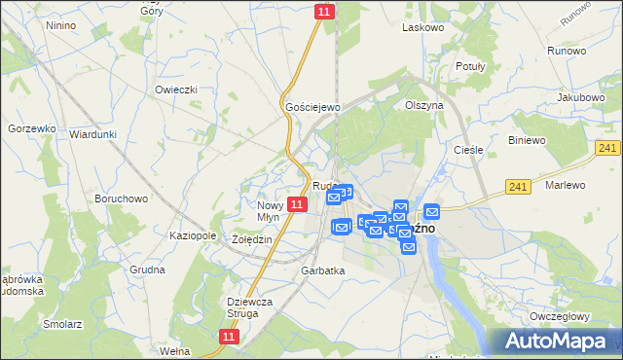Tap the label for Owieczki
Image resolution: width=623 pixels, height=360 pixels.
coord(176,90)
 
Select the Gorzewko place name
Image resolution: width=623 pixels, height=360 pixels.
coord(28,128)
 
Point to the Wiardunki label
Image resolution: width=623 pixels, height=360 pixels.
coord(93,134)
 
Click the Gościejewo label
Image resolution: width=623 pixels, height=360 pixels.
coord(310,106)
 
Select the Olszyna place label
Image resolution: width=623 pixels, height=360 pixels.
coord(424,104)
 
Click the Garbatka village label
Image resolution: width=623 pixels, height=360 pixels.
coord(323,270)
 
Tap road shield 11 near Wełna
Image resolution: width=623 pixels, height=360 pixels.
coord(228,336)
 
